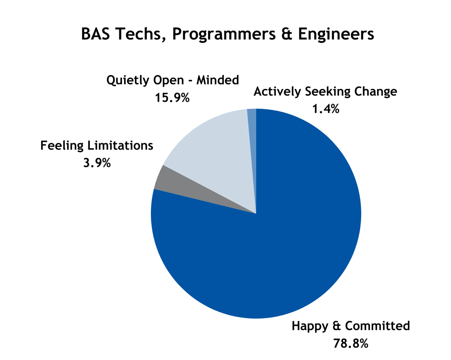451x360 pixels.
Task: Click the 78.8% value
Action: (351, 344)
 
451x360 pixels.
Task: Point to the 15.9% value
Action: (172, 98)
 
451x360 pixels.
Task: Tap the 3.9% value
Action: (97, 163)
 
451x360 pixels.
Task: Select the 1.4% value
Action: (326, 109)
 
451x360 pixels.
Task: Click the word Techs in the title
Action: (141, 34)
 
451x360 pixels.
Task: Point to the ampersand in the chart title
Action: (287, 34)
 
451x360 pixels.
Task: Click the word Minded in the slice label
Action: (217, 80)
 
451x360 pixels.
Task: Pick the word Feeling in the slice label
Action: (62, 146)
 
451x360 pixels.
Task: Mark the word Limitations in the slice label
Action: (120, 145)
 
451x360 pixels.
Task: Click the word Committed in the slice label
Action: (377, 326)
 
